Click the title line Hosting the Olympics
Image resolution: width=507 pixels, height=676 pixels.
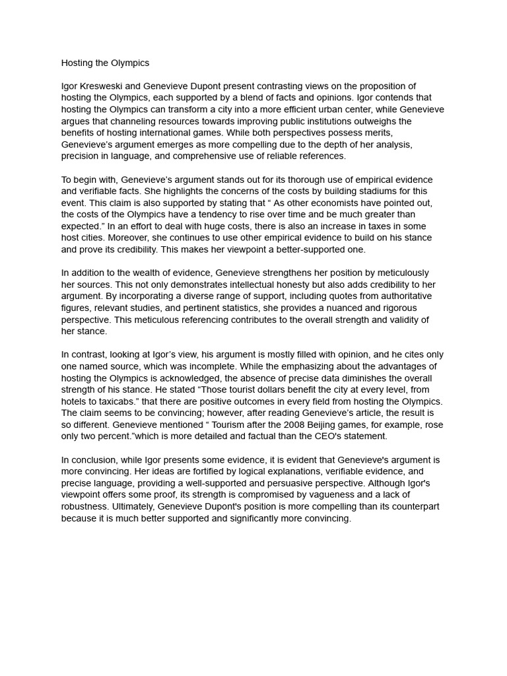(x=105, y=63)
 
